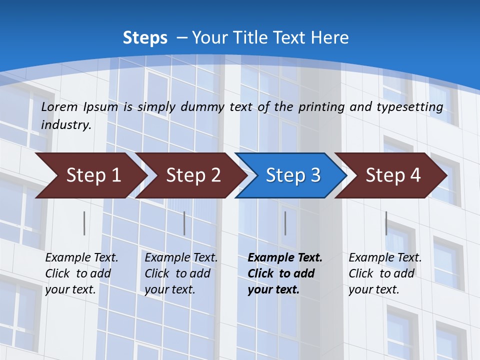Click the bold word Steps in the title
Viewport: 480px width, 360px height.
pyautogui.click(x=145, y=38)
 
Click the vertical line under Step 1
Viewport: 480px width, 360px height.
pyautogui.click(x=84, y=223)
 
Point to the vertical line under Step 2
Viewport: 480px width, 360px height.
pyautogui.click(x=184, y=223)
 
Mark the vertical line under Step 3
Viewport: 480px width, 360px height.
pyautogui.click(x=285, y=223)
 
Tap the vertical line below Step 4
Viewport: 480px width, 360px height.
pyautogui.click(x=386, y=223)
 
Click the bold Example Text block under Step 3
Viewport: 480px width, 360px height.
pyautogui.click(x=285, y=273)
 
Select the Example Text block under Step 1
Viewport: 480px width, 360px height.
pyautogui.click(x=81, y=273)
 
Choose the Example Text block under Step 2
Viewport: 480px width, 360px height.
pyautogui.click(x=181, y=273)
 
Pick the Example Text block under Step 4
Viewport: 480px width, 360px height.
pyautogui.click(x=385, y=273)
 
